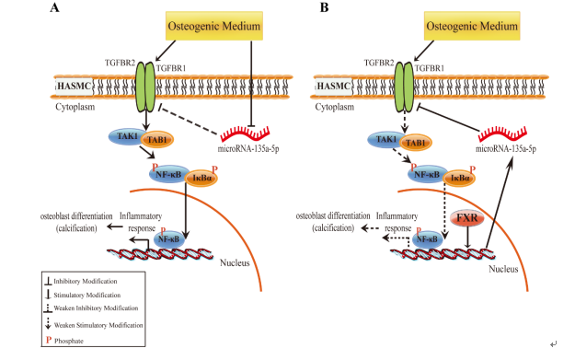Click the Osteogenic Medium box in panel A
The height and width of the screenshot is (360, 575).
214,26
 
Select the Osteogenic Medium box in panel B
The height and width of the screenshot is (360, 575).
472,26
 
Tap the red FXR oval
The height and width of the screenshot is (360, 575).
467,218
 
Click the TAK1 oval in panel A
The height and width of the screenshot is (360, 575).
127,136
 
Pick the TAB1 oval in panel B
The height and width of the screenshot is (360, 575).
416,143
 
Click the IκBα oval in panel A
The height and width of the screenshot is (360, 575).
201,178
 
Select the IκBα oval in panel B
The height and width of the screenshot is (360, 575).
459,178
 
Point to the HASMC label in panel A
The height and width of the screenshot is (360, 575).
75,87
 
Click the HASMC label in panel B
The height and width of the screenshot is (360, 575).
333,87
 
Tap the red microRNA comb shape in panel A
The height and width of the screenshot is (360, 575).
245,134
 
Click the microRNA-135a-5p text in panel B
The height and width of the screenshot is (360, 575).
506,148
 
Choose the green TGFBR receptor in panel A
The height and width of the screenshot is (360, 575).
145,87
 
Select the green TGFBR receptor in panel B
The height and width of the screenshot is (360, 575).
404,87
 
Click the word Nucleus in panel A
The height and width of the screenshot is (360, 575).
235,262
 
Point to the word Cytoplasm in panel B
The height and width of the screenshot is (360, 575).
335,107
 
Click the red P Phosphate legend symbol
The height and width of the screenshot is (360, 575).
49,340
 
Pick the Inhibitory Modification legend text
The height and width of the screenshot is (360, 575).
86,282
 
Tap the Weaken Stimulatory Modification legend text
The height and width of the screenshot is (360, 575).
98,325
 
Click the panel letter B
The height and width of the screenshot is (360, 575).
324,7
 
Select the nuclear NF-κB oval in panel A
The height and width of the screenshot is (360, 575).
168,239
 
